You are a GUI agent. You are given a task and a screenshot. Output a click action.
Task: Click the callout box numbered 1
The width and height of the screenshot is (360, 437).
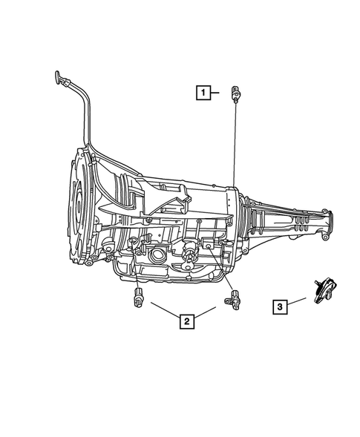click(202, 93)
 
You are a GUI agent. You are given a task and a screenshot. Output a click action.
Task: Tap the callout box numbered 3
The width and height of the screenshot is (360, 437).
click(280, 306)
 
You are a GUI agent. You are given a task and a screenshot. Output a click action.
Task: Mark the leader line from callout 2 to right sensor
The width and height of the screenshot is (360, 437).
click(209, 311)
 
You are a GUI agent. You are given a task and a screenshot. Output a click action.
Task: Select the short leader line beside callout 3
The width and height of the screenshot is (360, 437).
click(297, 300)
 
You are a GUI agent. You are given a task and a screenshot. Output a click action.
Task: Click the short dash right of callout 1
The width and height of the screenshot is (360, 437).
click(217, 93)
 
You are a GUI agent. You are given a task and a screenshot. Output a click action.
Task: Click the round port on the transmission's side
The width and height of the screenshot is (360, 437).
click(158, 256)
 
